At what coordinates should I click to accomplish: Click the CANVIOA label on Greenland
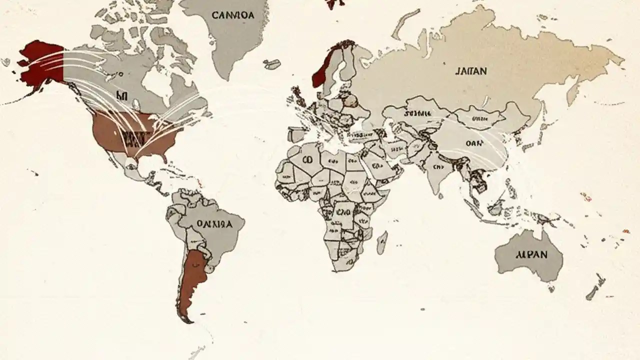(233, 15)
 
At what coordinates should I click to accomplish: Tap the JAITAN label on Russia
(470, 71)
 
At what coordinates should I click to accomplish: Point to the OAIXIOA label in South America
(214, 224)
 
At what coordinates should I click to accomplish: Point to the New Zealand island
(595, 287)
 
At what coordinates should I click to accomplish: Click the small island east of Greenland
(272, 64)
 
